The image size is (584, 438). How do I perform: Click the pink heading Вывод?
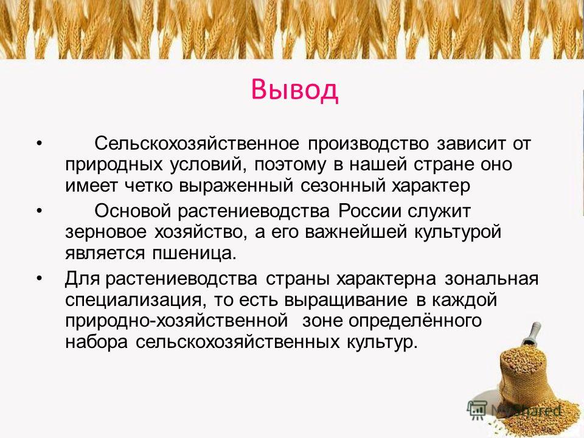294,90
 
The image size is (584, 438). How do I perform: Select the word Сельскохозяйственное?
196,144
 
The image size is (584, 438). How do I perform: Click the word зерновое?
106,232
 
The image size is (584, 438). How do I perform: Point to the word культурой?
457,232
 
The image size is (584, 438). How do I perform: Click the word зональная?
492,279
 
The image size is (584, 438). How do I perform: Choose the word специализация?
136,301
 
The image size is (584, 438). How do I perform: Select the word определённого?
415,321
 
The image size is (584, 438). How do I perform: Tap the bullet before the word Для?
39,279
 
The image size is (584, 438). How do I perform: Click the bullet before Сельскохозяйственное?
39,144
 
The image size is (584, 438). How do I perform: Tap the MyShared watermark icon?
477,409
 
